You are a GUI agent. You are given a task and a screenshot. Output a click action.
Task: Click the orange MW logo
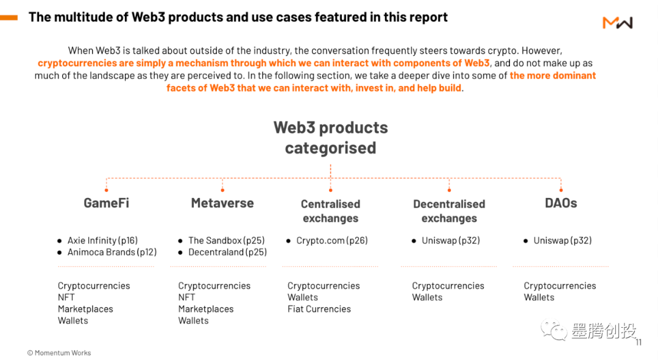(x=617, y=23)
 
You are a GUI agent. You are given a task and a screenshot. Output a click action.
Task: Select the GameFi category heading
(x=106, y=203)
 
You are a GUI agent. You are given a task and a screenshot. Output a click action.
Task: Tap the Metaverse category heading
(x=222, y=203)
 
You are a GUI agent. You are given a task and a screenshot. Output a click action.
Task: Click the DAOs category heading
(x=561, y=203)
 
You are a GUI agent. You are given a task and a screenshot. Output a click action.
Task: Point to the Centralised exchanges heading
(x=330, y=211)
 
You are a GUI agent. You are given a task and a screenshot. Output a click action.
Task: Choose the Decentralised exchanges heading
(x=449, y=211)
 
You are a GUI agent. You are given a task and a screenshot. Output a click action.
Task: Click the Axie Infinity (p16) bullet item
(x=102, y=241)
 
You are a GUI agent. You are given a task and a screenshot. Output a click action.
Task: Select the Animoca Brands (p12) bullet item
(x=111, y=252)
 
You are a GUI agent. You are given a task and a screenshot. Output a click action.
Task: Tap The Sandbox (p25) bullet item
(x=226, y=241)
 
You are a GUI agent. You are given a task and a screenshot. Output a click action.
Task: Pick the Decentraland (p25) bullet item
(x=227, y=252)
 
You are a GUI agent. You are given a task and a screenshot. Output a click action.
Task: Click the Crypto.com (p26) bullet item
(x=331, y=241)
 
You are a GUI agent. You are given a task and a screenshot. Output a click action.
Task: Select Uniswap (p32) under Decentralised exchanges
(x=450, y=241)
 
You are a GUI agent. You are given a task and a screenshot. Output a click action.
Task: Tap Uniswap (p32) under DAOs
(x=562, y=241)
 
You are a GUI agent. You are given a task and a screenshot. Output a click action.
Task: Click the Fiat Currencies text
(x=319, y=309)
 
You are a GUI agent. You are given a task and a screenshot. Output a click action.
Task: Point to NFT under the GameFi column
(x=66, y=297)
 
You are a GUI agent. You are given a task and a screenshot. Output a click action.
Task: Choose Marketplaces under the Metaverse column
(x=206, y=309)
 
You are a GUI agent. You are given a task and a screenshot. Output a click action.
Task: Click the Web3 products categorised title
(x=330, y=138)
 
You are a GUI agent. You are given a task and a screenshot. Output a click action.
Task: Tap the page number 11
(x=639, y=342)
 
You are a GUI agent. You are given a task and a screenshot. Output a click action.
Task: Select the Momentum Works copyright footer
(x=59, y=353)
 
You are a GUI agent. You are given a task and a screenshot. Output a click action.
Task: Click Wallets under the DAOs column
(x=539, y=297)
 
